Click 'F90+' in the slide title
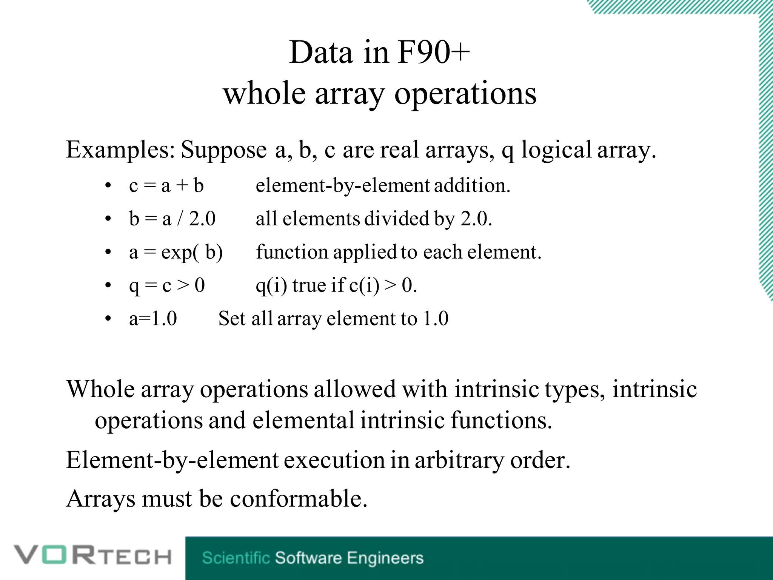coord(433,53)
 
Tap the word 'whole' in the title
coord(264,94)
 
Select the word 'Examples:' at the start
coord(120,150)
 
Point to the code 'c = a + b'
coord(166,186)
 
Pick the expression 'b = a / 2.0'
coord(172,219)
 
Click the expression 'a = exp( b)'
coord(176,252)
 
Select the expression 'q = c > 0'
coord(167,285)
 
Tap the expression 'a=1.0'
coord(153,318)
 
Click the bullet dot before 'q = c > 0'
coord(108,286)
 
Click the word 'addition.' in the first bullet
coord(472,186)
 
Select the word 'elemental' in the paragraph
coord(303,420)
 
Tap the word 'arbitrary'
coord(459,460)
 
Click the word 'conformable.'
coord(299,499)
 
